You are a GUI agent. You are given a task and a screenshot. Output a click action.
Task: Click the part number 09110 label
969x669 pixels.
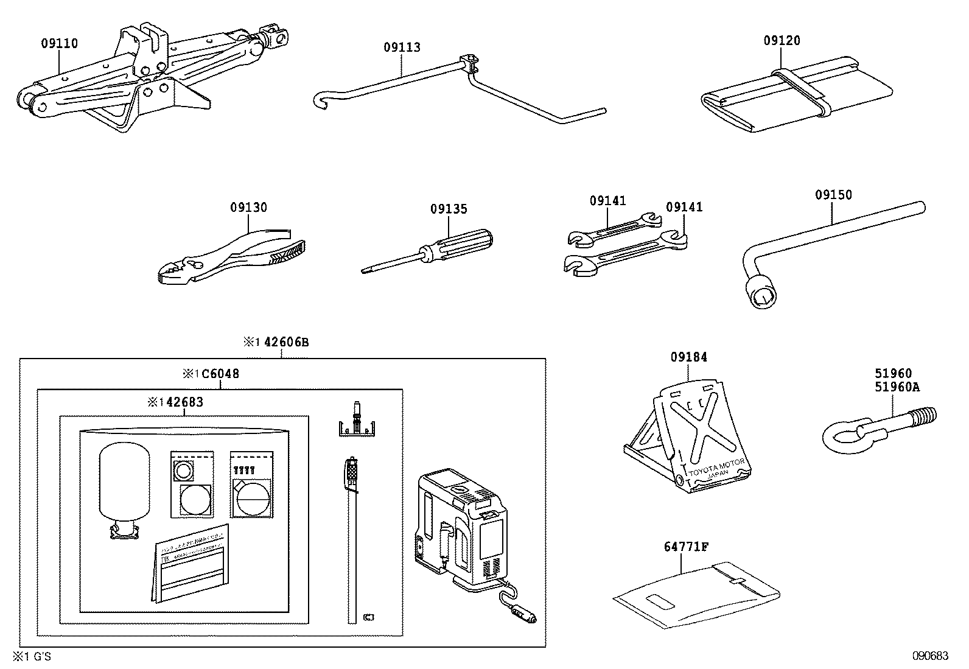[x=59, y=43]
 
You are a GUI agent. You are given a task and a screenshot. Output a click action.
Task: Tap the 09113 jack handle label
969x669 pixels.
[x=402, y=47]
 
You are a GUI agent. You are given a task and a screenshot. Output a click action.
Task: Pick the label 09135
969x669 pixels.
[x=449, y=209]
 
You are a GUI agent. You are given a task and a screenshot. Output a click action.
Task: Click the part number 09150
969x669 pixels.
[x=833, y=195]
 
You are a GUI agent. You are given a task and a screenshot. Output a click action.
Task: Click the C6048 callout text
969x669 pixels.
[x=220, y=374]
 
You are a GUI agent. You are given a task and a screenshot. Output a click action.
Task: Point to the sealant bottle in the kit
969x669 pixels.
[x=124, y=487]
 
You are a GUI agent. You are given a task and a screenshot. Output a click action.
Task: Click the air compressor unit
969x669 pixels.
[x=463, y=524]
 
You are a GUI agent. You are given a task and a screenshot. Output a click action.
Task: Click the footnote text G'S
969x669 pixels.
[x=40, y=656]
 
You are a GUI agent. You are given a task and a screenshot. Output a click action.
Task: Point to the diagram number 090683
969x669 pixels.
[x=929, y=656]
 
